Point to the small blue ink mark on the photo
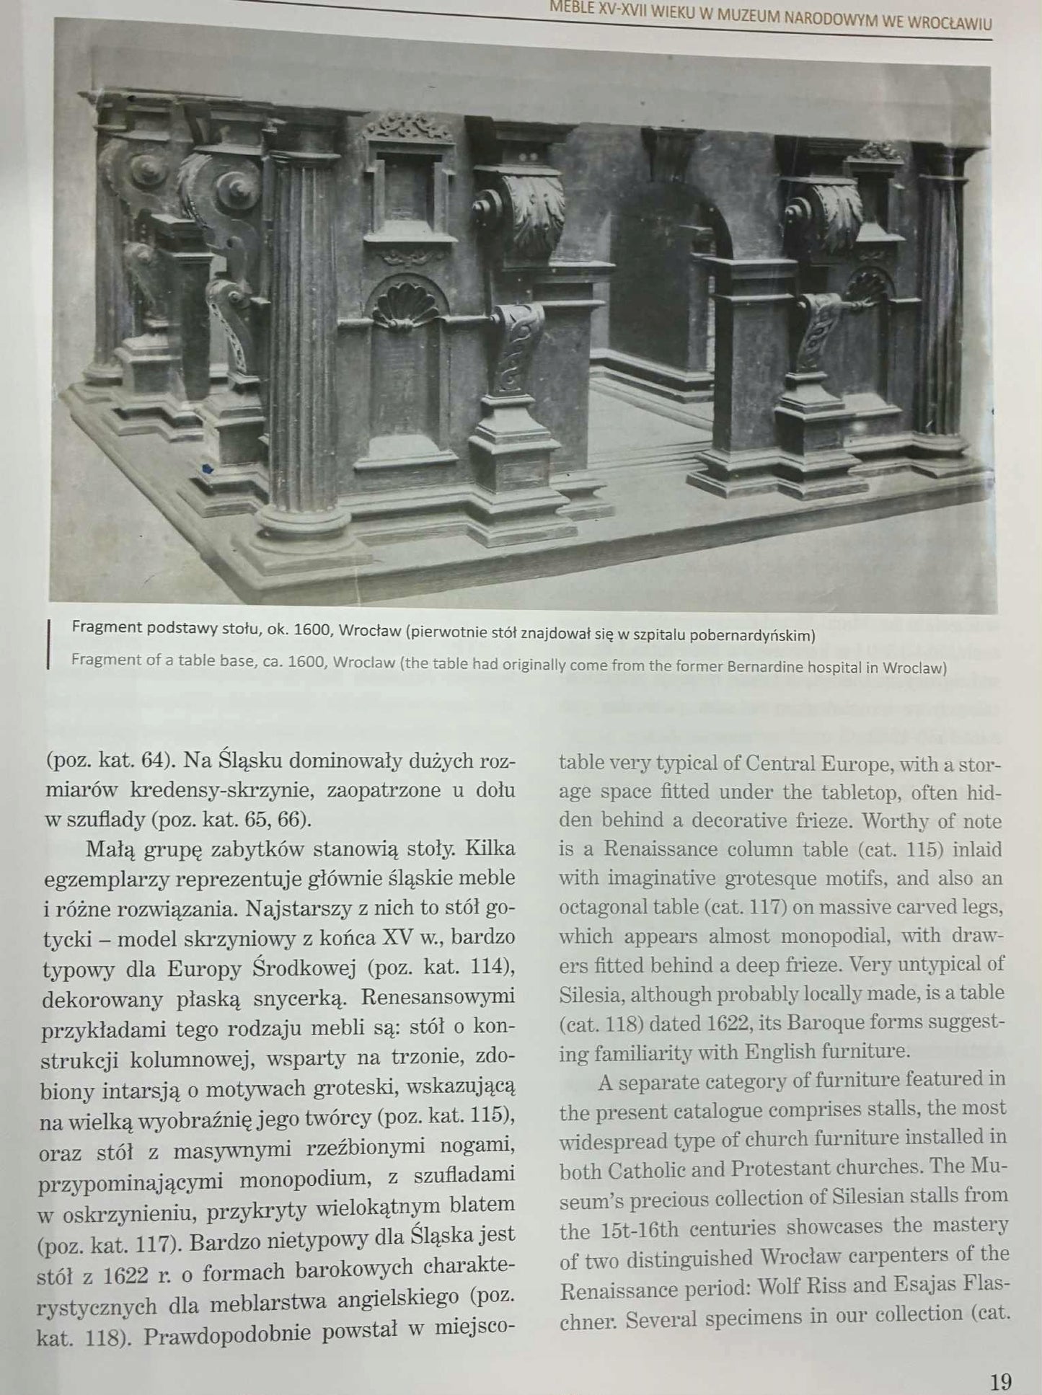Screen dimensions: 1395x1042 (208, 469)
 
